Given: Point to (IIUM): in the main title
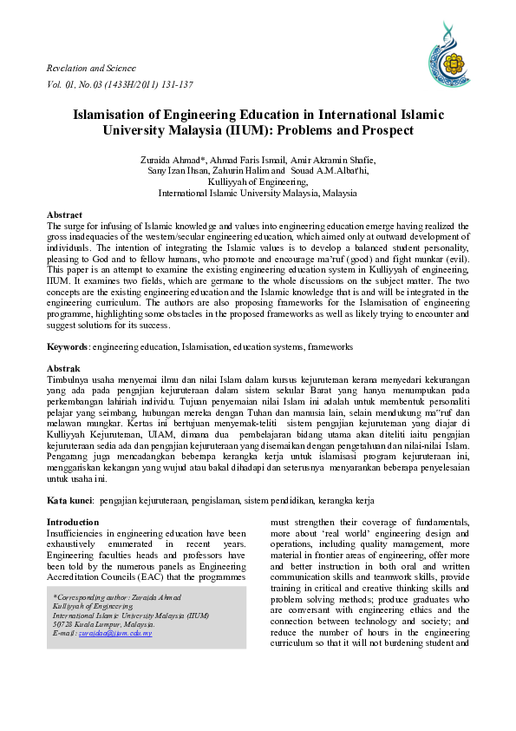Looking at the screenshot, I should point(250,131).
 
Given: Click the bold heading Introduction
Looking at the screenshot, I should point(73,522).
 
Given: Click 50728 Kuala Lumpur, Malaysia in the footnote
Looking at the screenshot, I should point(104,624).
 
